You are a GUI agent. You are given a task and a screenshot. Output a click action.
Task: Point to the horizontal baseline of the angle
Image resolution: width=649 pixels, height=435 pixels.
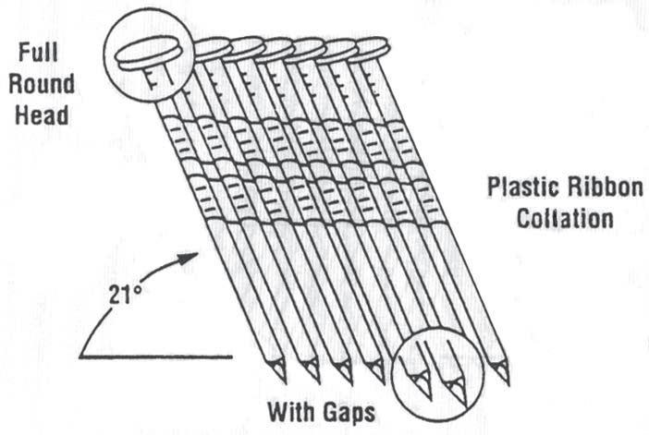pyautogui.click(x=157, y=356)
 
